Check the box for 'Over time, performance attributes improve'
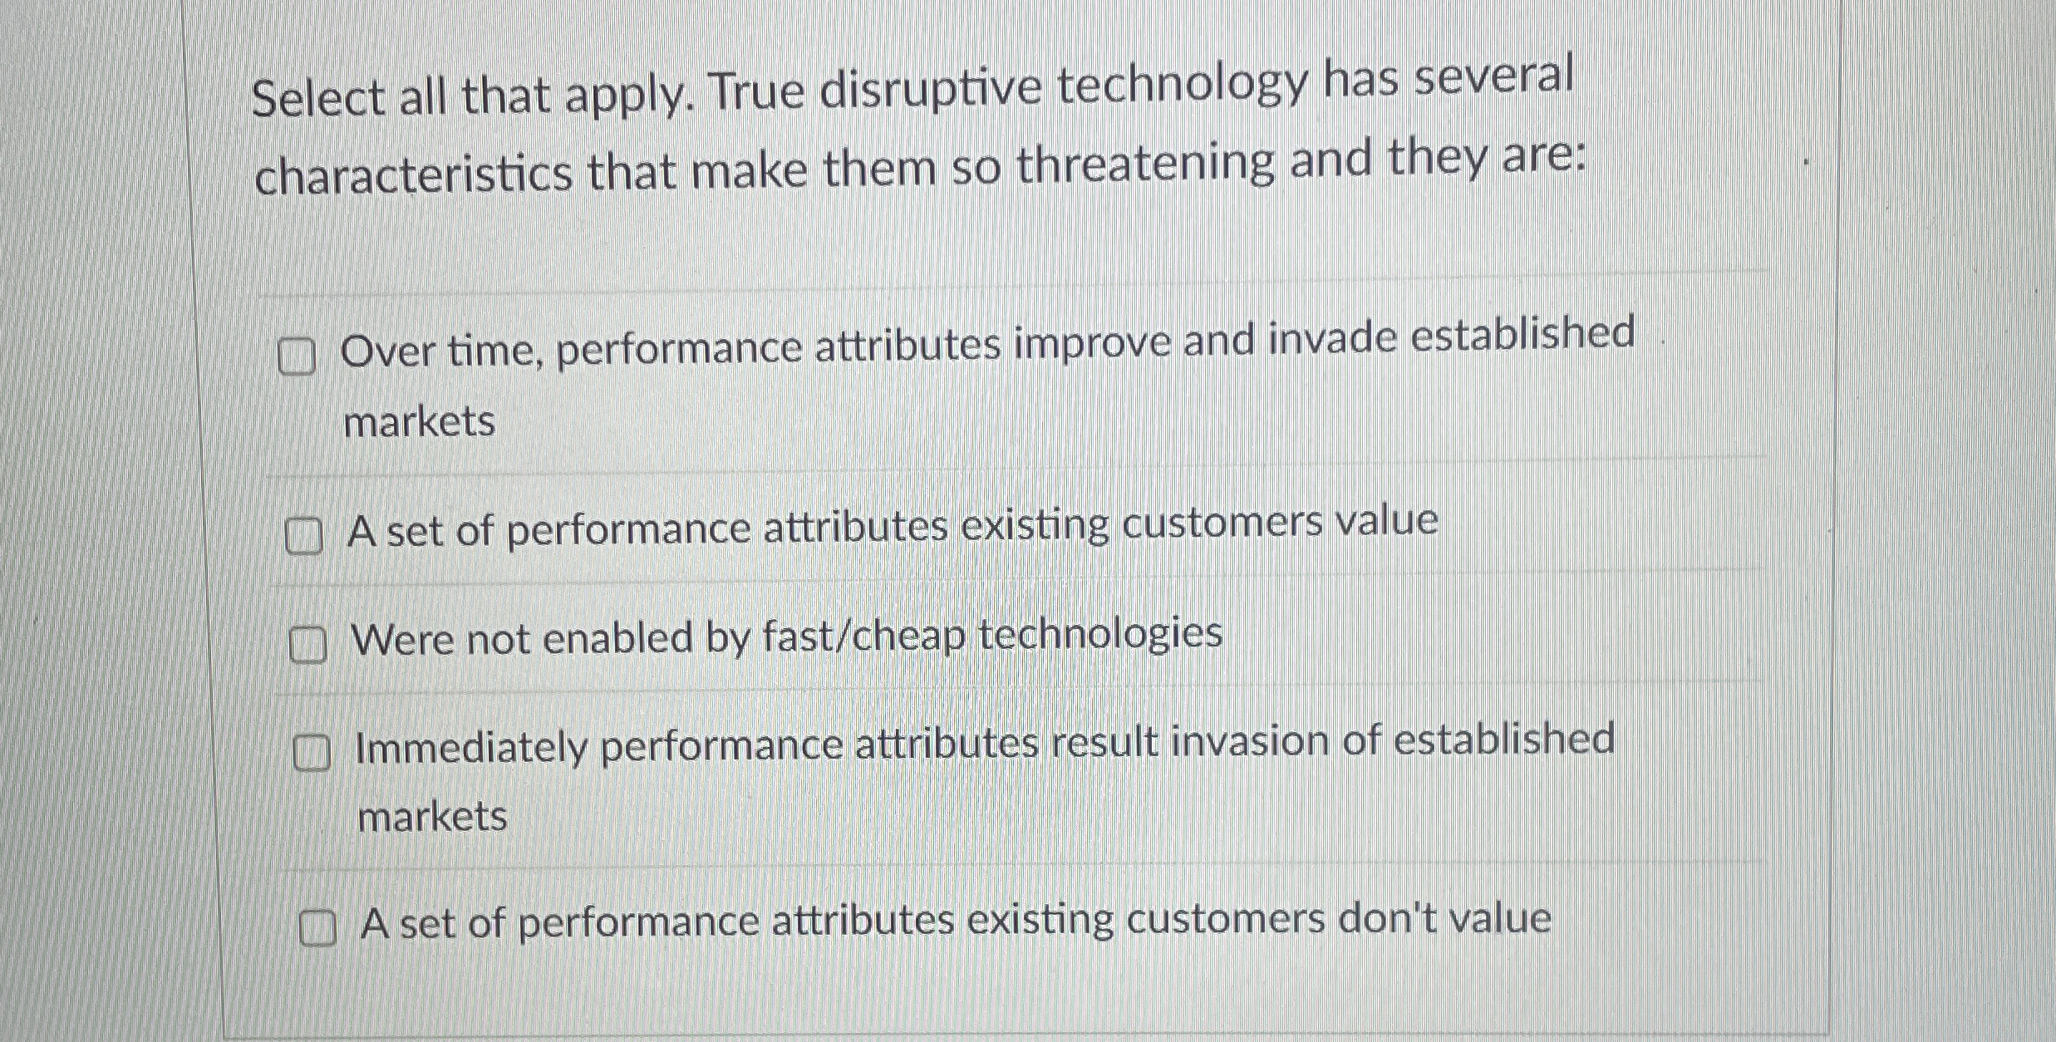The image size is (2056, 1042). (x=297, y=357)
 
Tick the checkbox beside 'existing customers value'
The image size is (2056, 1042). (x=303, y=536)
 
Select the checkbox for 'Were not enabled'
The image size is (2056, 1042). (x=307, y=645)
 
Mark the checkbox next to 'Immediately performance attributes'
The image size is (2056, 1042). (x=312, y=753)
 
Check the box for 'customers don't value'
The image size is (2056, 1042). (x=317, y=928)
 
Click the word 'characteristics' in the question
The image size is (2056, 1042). (x=413, y=174)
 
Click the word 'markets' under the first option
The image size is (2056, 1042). (x=419, y=422)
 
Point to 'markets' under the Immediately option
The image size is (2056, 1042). (x=432, y=817)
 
